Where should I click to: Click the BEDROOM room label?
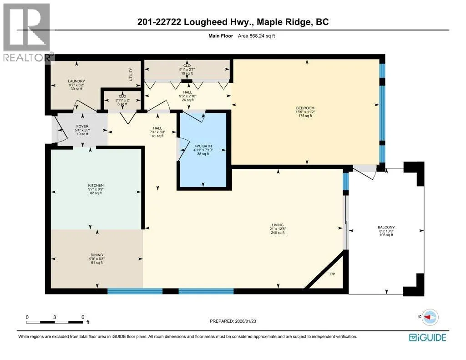tap(305, 108)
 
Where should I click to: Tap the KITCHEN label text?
tap(96, 185)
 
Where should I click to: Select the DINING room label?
tap(97, 255)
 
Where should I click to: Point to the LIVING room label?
tap(278, 225)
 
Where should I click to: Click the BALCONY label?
tap(386, 228)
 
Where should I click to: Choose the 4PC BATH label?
tap(203, 146)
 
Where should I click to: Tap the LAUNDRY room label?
tap(76, 81)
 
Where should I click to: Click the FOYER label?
tap(82, 127)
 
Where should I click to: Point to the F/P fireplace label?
tap(332, 274)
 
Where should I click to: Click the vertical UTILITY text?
tap(131, 74)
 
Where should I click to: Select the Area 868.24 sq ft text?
tap(256, 36)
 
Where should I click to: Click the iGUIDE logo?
tap(427, 337)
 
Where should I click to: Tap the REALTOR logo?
tap(27, 32)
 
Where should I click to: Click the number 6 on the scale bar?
tap(83, 317)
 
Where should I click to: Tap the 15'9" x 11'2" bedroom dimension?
tap(305, 112)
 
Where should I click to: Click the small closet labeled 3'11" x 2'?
tap(122, 100)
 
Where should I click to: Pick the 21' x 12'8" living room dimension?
tap(278, 229)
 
